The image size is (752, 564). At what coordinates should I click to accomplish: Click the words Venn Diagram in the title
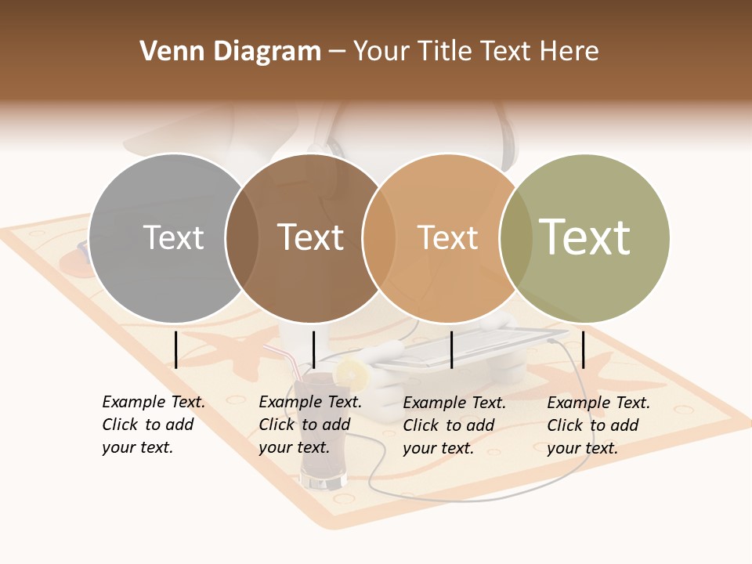click(x=230, y=52)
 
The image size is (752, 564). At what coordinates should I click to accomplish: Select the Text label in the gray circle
click(x=173, y=237)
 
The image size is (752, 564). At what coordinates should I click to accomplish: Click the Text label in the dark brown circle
click(x=310, y=237)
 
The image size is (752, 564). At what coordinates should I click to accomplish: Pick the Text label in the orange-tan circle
click(x=447, y=237)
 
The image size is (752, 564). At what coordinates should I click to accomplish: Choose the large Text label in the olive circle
click(x=584, y=237)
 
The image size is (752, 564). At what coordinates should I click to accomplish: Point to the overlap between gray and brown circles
click(x=241, y=238)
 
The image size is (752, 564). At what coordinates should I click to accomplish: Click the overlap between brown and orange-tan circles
click(x=378, y=238)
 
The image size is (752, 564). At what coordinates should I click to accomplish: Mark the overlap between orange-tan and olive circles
click(x=515, y=238)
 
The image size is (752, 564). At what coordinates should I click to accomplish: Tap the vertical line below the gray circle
click(x=175, y=349)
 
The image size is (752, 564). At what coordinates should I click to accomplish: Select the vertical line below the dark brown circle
click(x=313, y=349)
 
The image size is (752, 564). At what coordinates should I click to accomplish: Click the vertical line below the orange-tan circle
click(x=451, y=349)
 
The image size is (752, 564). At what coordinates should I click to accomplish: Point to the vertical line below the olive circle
click(x=583, y=349)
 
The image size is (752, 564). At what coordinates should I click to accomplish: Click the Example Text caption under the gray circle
click(x=153, y=425)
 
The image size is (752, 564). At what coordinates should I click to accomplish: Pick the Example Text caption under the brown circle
click(x=309, y=425)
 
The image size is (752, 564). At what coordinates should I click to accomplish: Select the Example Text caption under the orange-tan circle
click(x=454, y=425)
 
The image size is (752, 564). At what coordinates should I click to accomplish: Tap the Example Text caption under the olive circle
click(x=598, y=425)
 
